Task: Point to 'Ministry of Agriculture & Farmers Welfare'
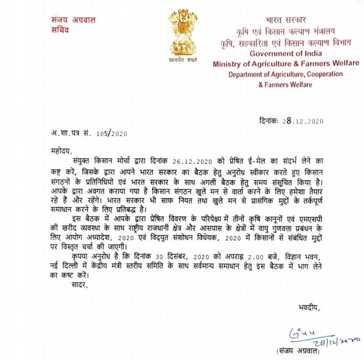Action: [x=286, y=64]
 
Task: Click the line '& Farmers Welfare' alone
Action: [x=285, y=85]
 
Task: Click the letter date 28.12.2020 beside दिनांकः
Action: [x=303, y=121]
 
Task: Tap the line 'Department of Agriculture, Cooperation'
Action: [x=285, y=75]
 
